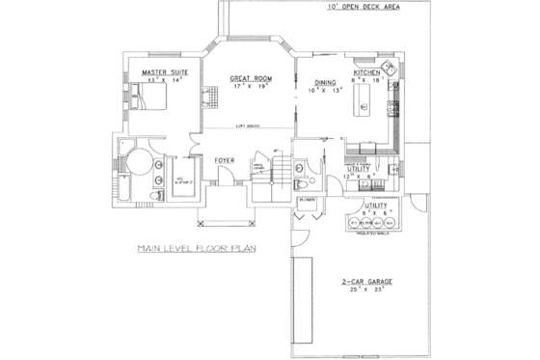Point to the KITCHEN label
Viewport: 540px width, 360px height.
(368, 73)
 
